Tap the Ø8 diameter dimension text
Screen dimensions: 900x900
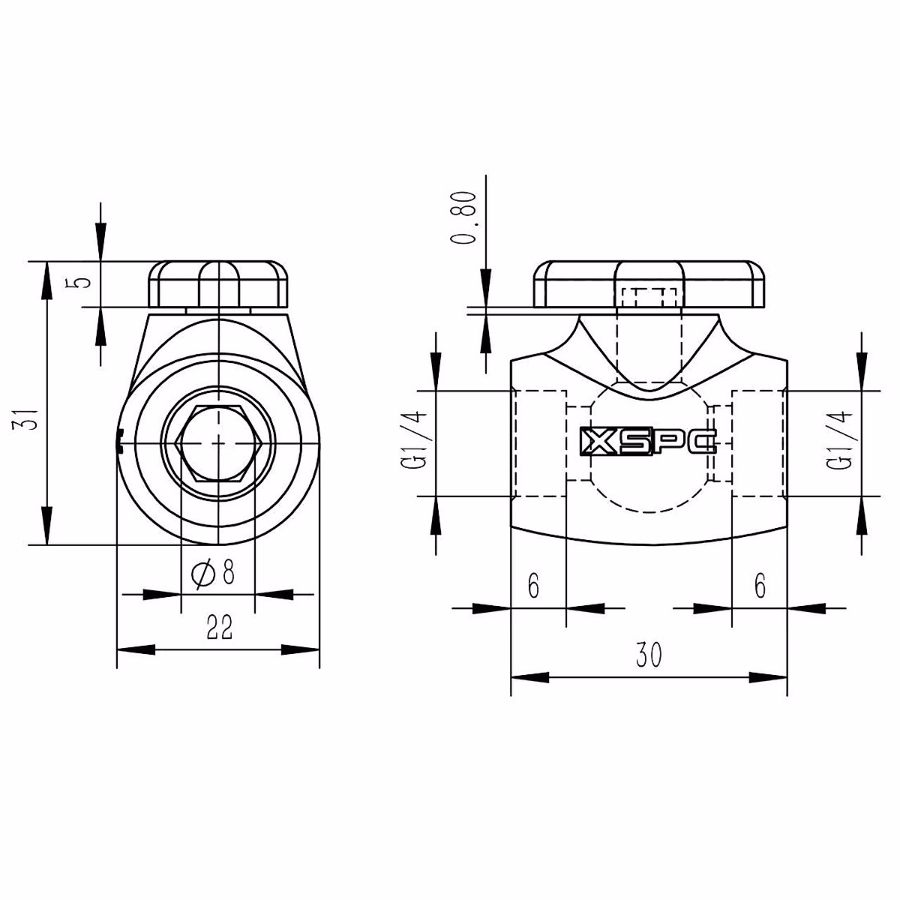(x=214, y=574)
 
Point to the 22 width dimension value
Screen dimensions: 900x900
(x=219, y=628)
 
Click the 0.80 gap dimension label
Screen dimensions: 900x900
(x=466, y=217)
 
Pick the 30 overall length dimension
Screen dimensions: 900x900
(x=649, y=655)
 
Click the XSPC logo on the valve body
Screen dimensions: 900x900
(x=648, y=442)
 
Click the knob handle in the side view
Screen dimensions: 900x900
(x=649, y=285)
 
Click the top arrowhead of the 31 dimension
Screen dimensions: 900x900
(x=46, y=277)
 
